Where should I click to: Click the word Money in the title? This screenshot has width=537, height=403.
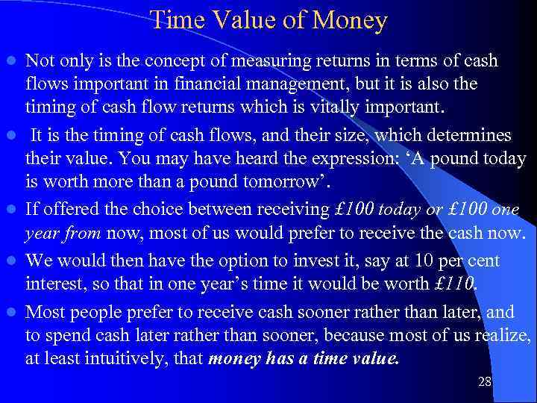[351, 20]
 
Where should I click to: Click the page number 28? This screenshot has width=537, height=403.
[484, 382]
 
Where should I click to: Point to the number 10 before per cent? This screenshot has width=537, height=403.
[424, 261]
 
